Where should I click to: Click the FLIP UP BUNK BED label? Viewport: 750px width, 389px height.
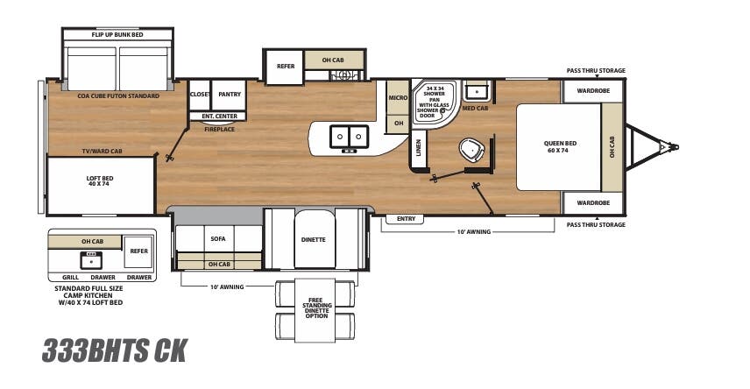click(117, 35)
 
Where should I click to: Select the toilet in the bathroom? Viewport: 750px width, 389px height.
click(471, 150)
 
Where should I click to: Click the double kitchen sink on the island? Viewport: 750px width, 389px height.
click(348, 137)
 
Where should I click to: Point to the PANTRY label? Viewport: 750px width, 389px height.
click(230, 94)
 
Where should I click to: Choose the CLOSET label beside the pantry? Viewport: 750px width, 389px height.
click(200, 94)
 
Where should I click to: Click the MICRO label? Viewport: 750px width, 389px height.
click(399, 97)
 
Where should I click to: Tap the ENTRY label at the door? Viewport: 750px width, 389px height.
click(405, 219)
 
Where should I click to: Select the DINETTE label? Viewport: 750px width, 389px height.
click(313, 239)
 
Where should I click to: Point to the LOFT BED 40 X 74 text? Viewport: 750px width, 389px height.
click(99, 181)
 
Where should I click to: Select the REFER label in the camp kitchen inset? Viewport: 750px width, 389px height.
click(138, 251)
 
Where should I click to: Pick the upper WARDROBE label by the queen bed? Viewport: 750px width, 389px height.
click(591, 90)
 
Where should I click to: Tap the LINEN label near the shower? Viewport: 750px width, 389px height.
click(418, 150)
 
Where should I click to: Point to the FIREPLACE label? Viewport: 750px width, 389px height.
click(218, 129)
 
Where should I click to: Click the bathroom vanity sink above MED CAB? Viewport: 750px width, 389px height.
click(477, 91)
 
